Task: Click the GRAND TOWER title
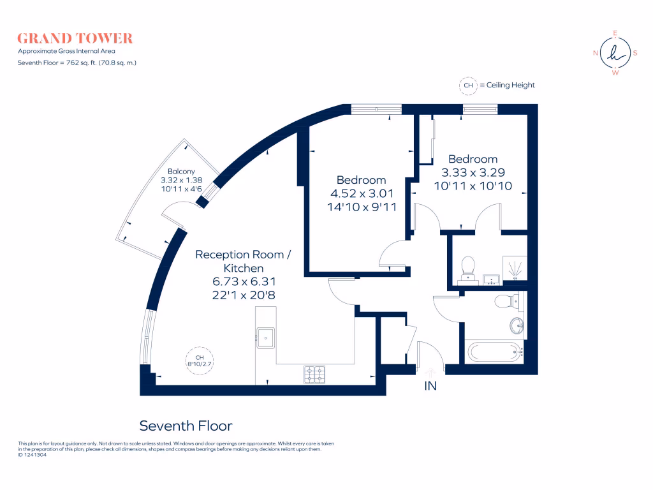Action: [75, 38]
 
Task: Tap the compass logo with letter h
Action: [615, 53]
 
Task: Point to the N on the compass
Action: [596, 54]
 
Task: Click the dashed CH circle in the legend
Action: [469, 85]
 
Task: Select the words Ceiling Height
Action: [511, 85]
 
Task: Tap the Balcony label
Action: [181, 171]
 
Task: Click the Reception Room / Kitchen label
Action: [243, 262]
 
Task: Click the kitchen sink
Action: [265, 337]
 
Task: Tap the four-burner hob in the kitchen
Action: [314, 375]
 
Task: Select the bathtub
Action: [494, 351]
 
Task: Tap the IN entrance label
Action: [430, 386]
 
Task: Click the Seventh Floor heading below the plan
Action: [186, 426]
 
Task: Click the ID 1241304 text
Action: [33, 455]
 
